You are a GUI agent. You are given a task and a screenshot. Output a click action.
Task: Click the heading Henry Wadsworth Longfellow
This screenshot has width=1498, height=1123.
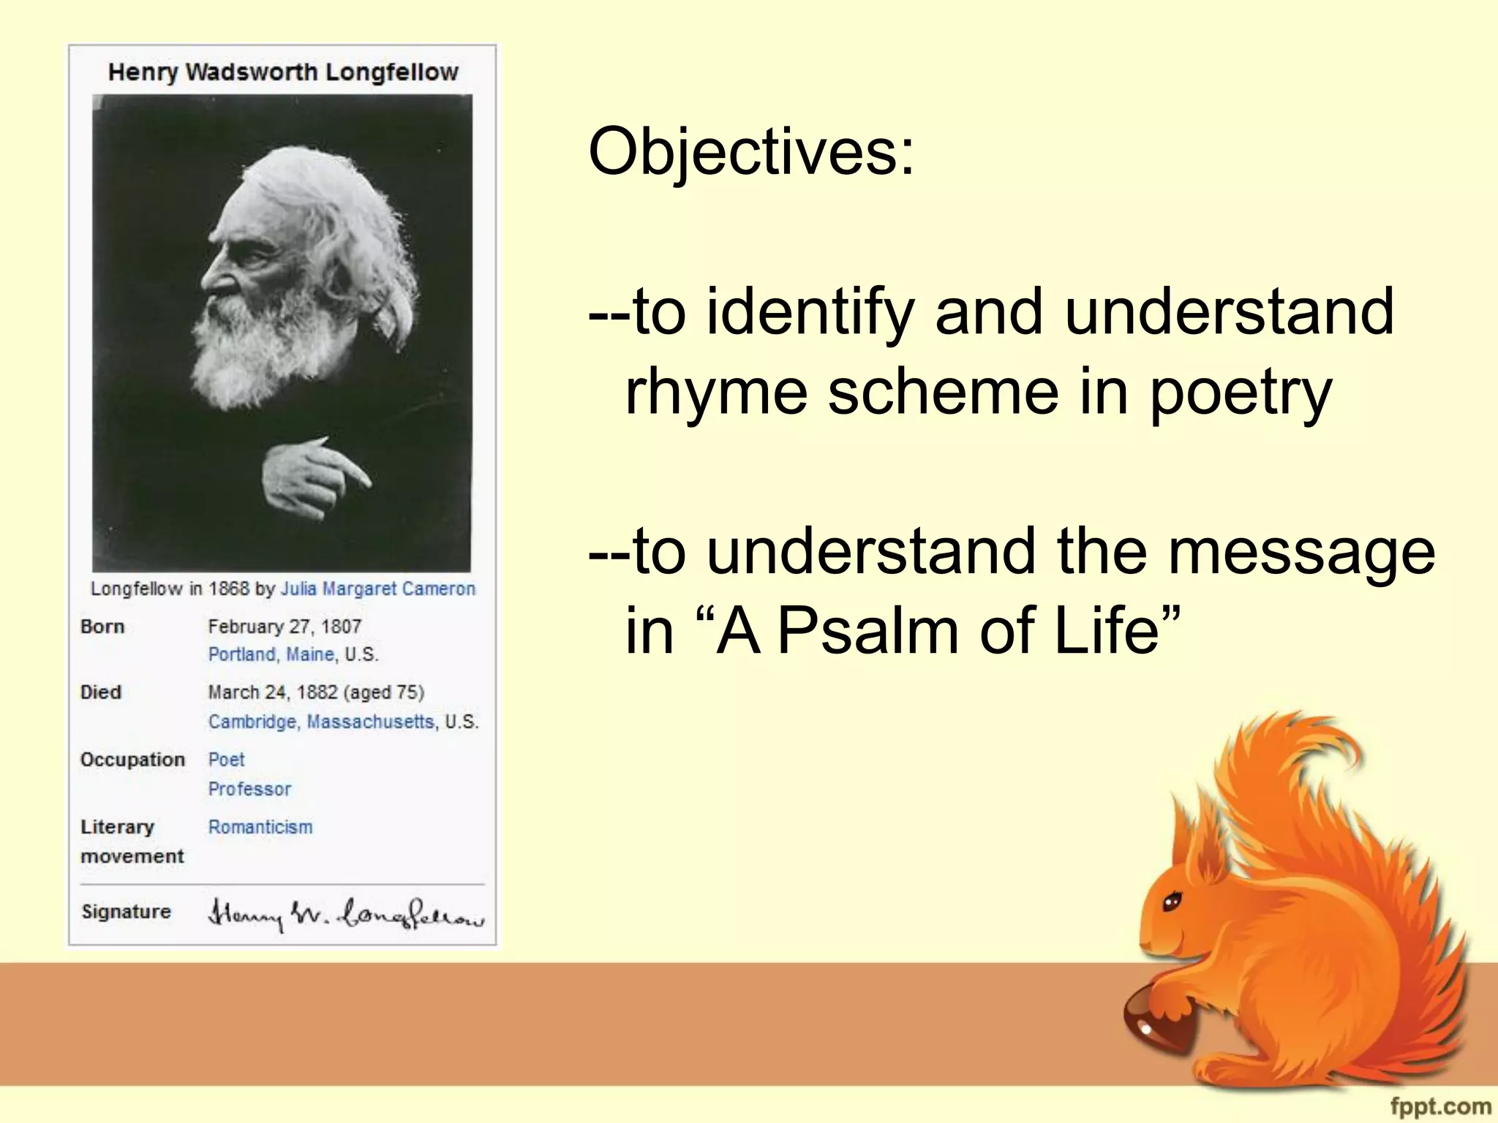[283, 72]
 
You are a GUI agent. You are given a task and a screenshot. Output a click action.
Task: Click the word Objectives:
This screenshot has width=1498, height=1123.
[751, 152]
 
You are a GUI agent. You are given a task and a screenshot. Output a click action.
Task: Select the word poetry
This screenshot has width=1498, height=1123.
[1241, 392]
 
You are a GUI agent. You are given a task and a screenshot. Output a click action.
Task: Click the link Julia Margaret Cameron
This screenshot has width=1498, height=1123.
[378, 589]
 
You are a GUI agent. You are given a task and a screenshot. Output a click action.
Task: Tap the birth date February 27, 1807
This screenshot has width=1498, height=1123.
[285, 627]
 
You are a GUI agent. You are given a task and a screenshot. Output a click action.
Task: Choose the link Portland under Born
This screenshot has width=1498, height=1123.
[241, 654]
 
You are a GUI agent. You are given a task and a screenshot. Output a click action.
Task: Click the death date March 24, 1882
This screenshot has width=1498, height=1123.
[273, 692]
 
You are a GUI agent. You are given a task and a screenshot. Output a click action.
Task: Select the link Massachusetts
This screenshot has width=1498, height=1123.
[370, 722]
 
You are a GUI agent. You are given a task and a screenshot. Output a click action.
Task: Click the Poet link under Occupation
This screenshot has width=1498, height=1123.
[226, 760]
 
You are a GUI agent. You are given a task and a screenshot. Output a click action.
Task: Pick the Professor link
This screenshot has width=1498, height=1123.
[249, 789]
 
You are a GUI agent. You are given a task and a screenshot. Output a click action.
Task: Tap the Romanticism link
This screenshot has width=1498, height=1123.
[260, 827]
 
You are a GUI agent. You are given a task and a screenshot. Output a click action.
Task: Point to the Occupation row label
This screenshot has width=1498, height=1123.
[132, 760]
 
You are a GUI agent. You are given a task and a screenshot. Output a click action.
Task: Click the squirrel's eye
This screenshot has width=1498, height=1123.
[1172, 901]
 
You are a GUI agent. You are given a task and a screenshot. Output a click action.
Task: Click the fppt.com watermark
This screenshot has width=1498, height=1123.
[1439, 1105]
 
